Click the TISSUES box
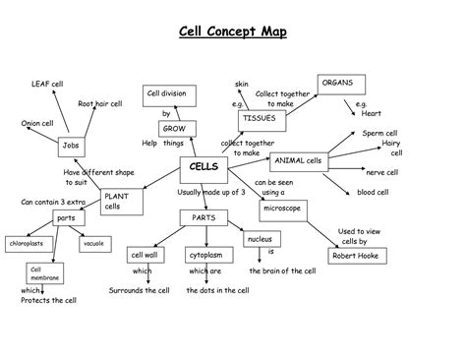point(257,119)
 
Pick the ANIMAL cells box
point(298,160)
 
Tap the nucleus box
point(260,239)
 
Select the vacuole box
point(94,242)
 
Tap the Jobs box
point(70,146)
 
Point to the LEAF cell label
point(46,85)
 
